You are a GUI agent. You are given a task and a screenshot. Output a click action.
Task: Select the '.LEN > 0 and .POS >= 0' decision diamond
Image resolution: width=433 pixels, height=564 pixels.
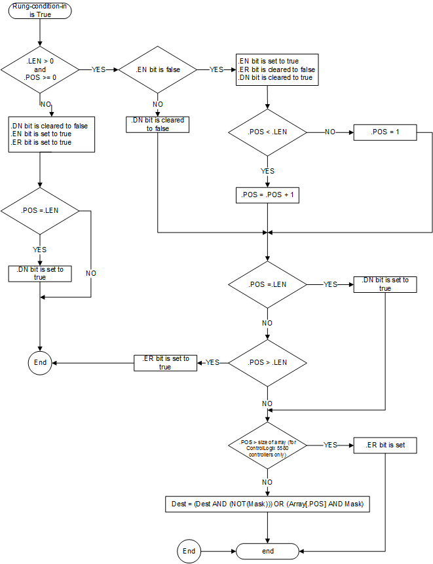pyautogui.click(x=40, y=69)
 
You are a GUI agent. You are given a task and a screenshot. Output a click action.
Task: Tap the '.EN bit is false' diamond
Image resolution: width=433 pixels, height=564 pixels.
pyautogui.click(x=158, y=69)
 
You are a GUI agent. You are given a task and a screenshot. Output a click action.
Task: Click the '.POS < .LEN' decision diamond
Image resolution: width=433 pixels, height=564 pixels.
pyautogui.click(x=267, y=132)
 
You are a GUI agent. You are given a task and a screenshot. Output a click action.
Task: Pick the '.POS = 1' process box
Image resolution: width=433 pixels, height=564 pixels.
pyautogui.click(x=385, y=132)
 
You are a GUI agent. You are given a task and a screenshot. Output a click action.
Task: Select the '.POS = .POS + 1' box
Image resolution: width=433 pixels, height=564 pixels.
pyautogui.click(x=267, y=195)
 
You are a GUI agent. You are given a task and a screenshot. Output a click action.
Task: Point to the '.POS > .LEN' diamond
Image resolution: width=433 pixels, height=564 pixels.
pyautogui.click(x=267, y=362)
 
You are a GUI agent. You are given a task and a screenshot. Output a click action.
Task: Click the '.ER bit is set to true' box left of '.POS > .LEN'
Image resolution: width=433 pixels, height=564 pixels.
pyautogui.click(x=165, y=363)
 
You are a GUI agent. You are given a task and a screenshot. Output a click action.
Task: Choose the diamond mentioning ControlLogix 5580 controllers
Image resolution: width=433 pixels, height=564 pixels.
pyautogui.click(x=267, y=445)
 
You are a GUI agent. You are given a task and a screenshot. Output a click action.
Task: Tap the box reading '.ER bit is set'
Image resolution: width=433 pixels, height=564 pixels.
pyautogui.click(x=385, y=445)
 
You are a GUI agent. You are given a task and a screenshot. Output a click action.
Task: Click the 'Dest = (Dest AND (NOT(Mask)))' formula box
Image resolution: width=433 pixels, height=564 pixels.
pyautogui.click(x=267, y=504)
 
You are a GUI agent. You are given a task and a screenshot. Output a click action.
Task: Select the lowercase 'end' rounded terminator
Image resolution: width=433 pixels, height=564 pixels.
pyautogui.click(x=267, y=551)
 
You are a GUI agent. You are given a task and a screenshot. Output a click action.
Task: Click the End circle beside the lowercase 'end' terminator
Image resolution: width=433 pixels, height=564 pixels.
pyautogui.click(x=189, y=551)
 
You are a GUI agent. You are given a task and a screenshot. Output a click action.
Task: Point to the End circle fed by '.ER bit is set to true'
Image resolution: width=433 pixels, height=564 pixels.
pyautogui.click(x=41, y=362)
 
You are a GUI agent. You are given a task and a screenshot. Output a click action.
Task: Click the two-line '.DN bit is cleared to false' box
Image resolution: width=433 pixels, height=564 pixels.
pyautogui.click(x=157, y=124)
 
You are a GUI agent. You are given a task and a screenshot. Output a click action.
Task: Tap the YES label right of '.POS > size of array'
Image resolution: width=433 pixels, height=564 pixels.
pyautogui.click(x=331, y=445)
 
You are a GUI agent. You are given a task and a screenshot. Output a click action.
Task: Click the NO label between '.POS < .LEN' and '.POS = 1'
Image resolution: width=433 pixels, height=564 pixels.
pyautogui.click(x=330, y=132)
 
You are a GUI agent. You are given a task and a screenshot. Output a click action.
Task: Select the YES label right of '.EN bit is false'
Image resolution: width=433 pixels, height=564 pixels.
pyautogui.click(x=216, y=69)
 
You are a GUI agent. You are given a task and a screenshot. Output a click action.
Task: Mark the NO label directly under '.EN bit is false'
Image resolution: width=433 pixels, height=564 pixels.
pyautogui.click(x=158, y=104)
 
